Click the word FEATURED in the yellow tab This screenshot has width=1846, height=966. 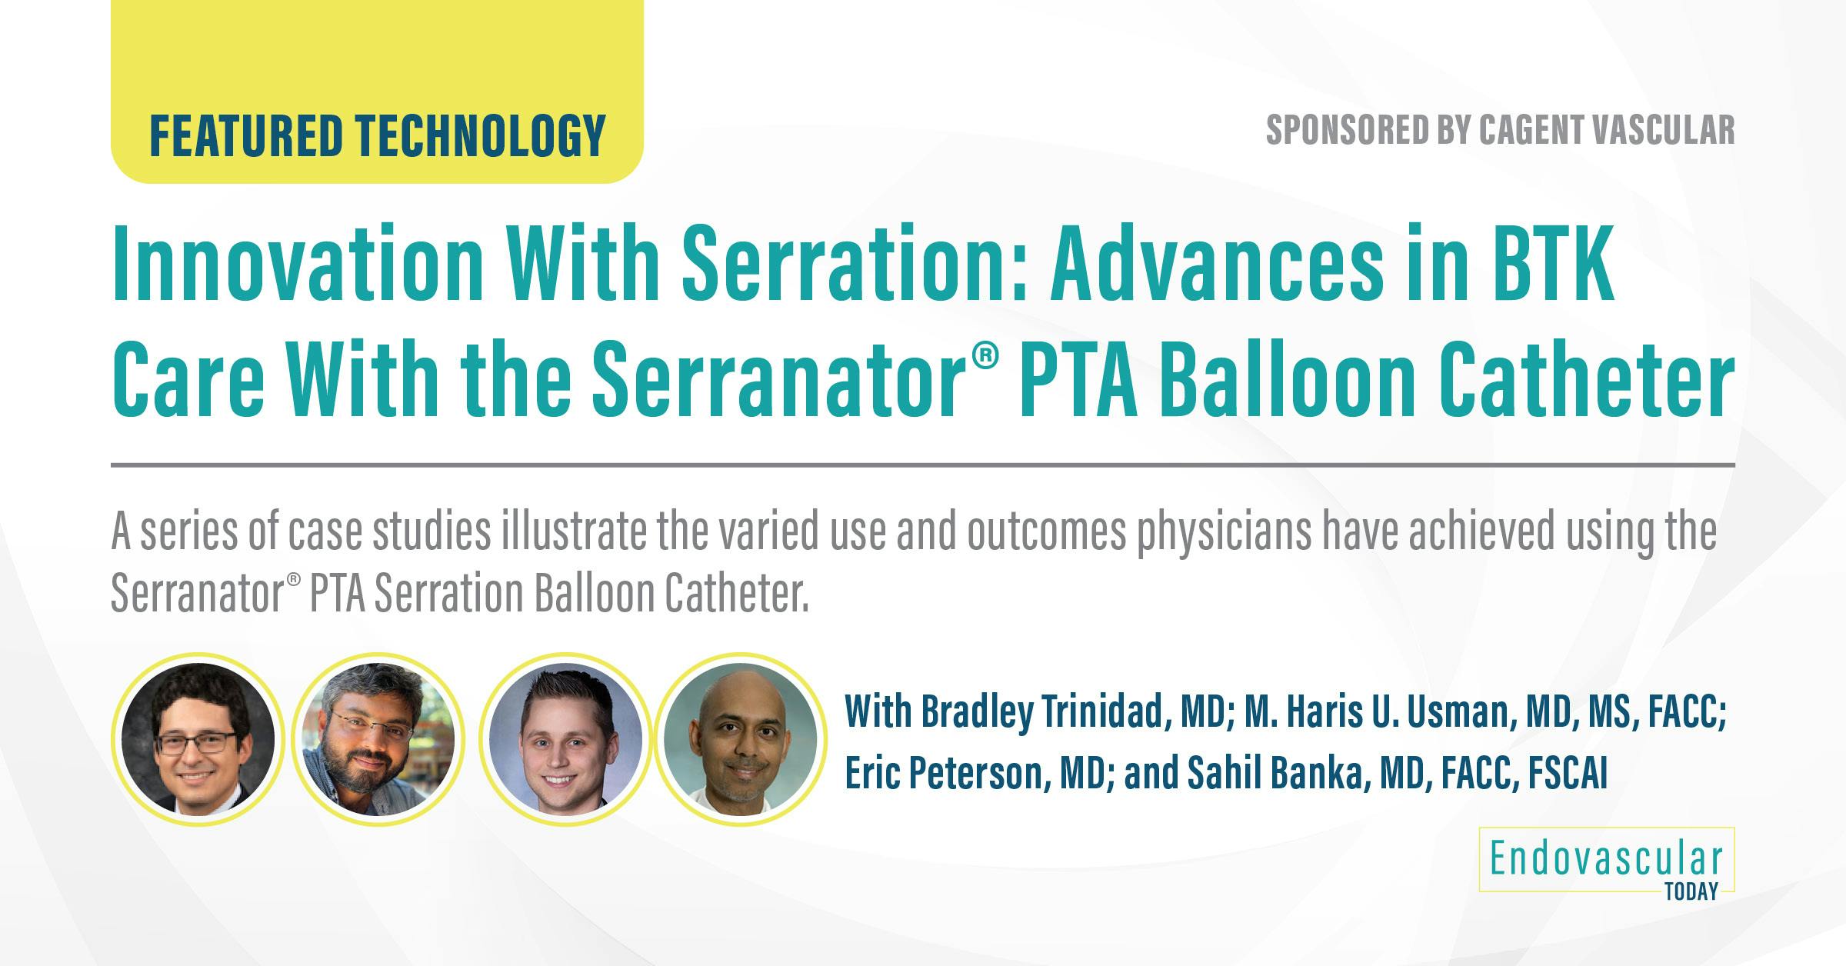pyautogui.click(x=245, y=135)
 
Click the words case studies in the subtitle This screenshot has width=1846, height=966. pyautogui.click(x=389, y=532)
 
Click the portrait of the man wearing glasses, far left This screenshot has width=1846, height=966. pyautogui.click(x=198, y=738)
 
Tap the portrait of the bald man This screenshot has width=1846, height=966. pyautogui.click(x=740, y=738)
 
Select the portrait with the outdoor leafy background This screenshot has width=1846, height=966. pyautogui.click(x=378, y=738)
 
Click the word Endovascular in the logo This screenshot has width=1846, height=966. pyautogui.click(x=1606, y=860)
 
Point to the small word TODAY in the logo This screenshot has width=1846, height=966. pyautogui.click(x=1691, y=892)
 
